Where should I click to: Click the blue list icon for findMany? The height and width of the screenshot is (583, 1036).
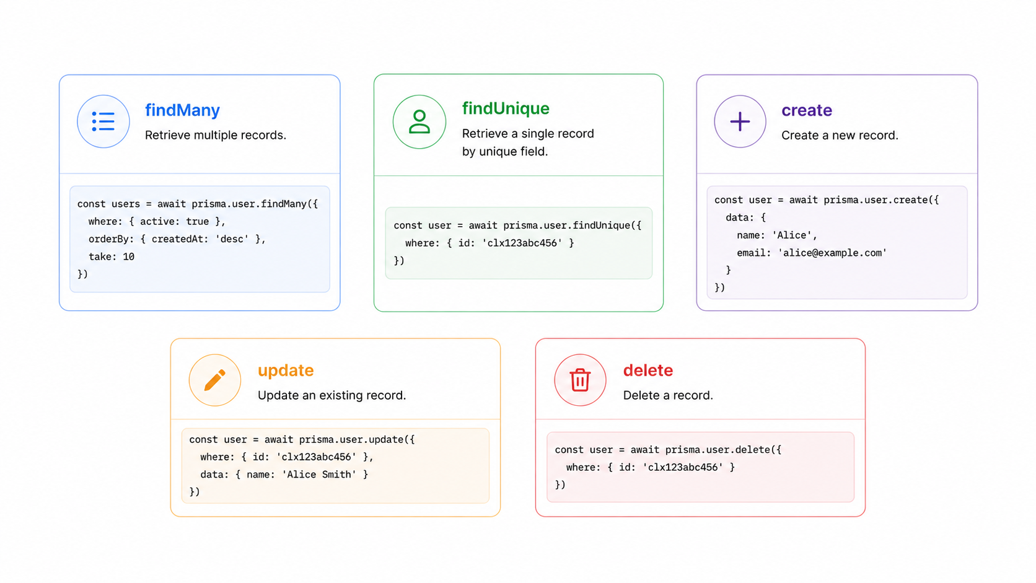click(x=103, y=121)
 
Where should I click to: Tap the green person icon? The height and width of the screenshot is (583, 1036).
click(x=419, y=121)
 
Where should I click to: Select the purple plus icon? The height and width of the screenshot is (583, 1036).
click(x=740, y=121)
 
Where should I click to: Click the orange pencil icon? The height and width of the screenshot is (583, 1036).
click(x=214, y=380)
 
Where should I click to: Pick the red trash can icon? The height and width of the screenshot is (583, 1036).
click(x=580, y=380)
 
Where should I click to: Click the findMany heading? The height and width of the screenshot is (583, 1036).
click(x=182, y=110)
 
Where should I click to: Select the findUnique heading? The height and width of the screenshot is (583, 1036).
click(x=506, y=108)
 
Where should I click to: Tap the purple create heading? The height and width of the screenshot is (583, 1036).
click(x=807, y=110)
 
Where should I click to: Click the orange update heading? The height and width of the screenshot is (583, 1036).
click(x=286, y=370)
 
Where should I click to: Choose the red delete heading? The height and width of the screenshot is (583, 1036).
click(x=648, y=370)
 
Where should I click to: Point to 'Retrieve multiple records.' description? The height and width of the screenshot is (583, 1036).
click(x=216, y=135)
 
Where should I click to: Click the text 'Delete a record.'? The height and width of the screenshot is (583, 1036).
click(x=668, y=395)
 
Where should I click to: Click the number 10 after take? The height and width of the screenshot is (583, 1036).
click(x=129, y=256)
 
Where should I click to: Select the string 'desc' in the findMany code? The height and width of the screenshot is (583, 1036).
click(x=232, y=239)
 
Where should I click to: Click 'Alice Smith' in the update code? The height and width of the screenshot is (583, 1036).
click(x=319, y=475)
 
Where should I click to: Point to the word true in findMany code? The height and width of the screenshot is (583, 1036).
click(x=198, y=221)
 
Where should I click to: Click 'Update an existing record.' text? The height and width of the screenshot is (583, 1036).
click(x=331, y=395)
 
